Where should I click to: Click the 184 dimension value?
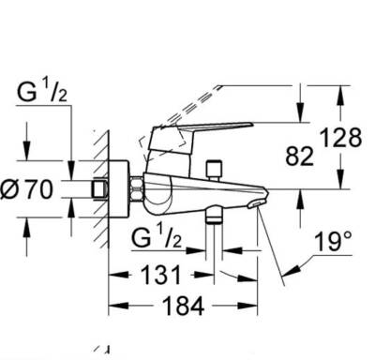click(183, 306)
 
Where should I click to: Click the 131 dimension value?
click(161, 275)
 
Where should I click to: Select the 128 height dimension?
click(341, 138)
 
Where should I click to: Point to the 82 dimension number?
click(299, 157)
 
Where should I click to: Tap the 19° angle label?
click(333, 242)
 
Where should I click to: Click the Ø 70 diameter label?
click(26, 190)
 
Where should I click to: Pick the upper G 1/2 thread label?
click(42, 91)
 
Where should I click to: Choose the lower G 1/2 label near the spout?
click(157, 237)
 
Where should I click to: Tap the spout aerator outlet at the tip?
click(256, 204)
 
